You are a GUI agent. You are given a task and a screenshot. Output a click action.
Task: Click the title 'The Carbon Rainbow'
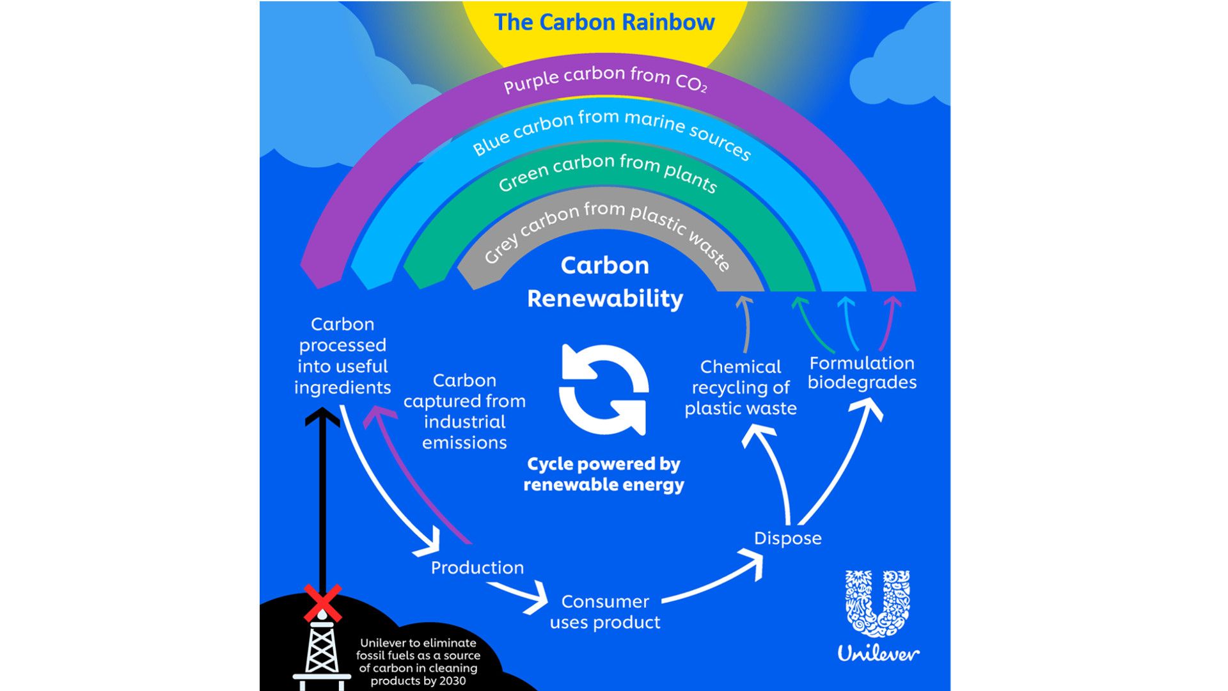pyautogui.click(x=604, y=22)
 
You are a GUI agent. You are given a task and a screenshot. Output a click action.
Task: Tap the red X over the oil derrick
pyautogui.click(x=322, y=603)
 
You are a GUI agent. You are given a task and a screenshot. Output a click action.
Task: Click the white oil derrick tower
pyautogui.click(x=322, y=653)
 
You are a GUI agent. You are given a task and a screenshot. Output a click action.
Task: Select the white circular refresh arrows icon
pyautogui.click(x=604, y=390)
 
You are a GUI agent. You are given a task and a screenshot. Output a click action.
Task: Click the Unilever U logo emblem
pyautogui.click(x=878, y=604)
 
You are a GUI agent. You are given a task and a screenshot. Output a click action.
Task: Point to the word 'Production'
pyautogui.click(x=477, y=568)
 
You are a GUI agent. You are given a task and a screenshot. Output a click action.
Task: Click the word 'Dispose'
pyautogui.click(x=787, y=538)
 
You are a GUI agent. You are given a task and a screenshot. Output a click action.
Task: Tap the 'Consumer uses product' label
pyautogui.click(x=604, y=612)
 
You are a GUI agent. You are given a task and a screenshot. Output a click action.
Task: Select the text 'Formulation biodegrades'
pyautogui.click(x=862, y=372)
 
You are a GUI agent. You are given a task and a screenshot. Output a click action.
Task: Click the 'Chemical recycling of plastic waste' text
pyautogui.click(x=741, y=387)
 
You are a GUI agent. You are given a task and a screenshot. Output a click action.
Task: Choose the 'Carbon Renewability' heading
pyautogui.click(x=604, y=282)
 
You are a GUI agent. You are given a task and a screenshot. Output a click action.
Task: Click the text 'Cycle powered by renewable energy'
pyautogui.click(x=603, y=474)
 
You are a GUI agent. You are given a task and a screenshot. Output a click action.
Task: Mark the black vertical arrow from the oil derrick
pyautogui.click(x=322, y=499)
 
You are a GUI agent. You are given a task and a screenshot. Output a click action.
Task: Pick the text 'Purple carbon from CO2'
pyautogui.click(x=604, y=79)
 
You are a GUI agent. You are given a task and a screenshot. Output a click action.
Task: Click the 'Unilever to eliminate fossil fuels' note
pyautogui.click(x=418, y=662)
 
